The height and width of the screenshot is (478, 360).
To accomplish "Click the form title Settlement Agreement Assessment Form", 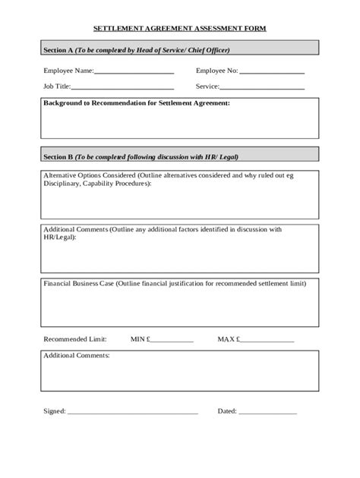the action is (x=180, y=27).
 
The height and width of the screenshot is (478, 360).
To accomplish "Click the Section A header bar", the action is (x=180, y=49).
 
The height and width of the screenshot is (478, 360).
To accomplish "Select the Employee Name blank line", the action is (x=134, y=72).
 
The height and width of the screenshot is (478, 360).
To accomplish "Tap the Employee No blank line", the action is (x=272, y=72).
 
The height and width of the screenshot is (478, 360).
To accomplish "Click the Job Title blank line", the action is (x=122, y=88).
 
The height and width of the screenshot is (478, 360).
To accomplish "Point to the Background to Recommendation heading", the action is (x=136, y=102).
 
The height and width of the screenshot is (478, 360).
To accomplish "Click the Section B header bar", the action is (x=180, y=157).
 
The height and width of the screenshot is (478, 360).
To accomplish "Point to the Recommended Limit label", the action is (x=75, y=338).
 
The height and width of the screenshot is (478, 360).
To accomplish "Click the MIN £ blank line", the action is (x=172, y=341).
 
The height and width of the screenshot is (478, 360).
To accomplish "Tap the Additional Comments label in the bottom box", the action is (x=77, y=355).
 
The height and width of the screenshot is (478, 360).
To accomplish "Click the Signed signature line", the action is (x=132, y=414).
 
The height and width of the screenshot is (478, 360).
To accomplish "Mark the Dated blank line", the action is (x=268, y=414).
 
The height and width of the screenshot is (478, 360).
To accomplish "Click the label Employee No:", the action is (x=217, y=71).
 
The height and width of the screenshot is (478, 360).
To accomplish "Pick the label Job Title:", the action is (x=57, y=86).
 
